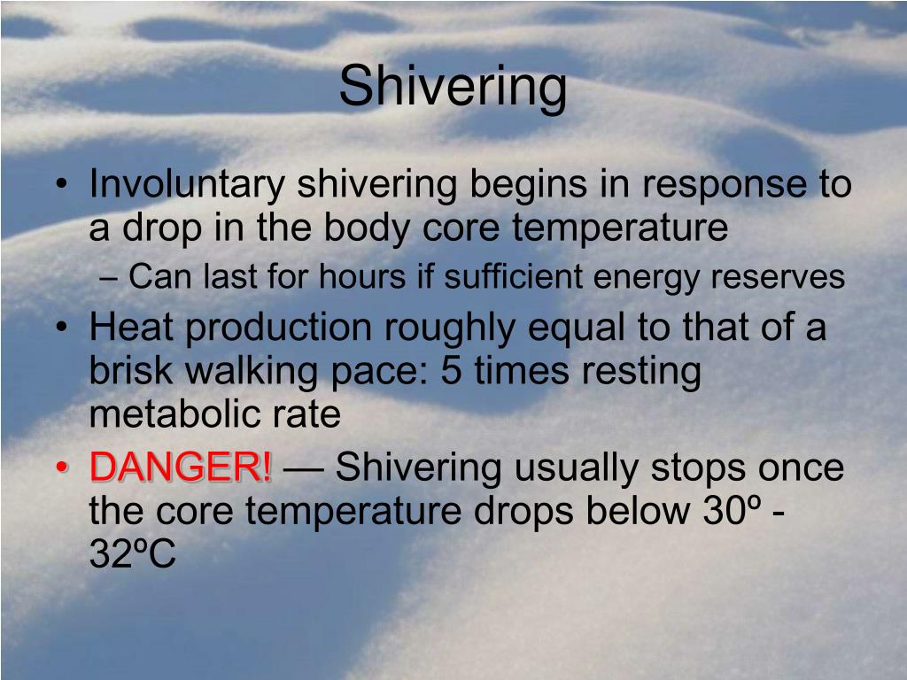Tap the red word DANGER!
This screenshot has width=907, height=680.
[181, 467]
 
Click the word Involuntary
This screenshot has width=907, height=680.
[187, 185]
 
